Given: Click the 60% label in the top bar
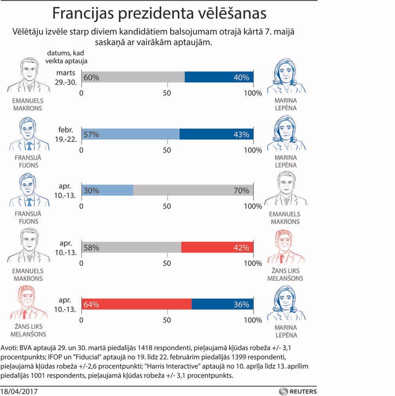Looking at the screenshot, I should coord(91,78).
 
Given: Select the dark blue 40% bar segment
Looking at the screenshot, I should coord(219,77).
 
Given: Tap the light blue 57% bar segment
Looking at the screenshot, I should coord(130,134).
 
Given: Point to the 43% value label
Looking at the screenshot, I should coord(241,134).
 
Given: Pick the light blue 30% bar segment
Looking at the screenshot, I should coord(107,190).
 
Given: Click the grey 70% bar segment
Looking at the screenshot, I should coord(193,190).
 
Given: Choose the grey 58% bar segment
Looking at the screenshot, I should coord(131,247).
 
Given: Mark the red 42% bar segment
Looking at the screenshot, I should coord(217,247).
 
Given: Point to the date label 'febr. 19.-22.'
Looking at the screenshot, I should coord(66,134).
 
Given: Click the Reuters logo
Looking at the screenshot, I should coord(298,391).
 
